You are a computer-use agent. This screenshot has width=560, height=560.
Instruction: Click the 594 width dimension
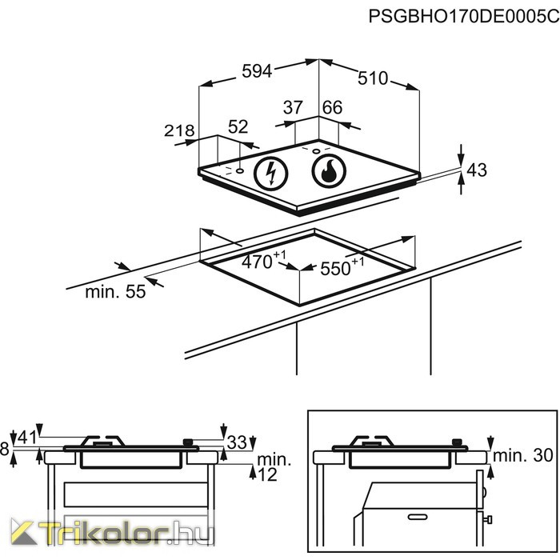coord(258,71)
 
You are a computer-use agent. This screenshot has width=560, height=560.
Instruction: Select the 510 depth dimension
coord(372,78)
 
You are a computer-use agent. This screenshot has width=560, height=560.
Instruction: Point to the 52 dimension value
coord(238,126)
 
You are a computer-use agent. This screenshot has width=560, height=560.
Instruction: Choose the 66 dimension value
coord(332,107)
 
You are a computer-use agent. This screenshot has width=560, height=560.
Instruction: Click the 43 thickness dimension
coord(477,170)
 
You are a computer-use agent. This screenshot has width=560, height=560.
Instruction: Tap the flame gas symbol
coord(326,170)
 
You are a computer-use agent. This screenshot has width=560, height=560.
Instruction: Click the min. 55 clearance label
coord(115,292)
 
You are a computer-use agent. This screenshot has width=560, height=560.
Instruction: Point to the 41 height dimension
coord(26,438)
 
